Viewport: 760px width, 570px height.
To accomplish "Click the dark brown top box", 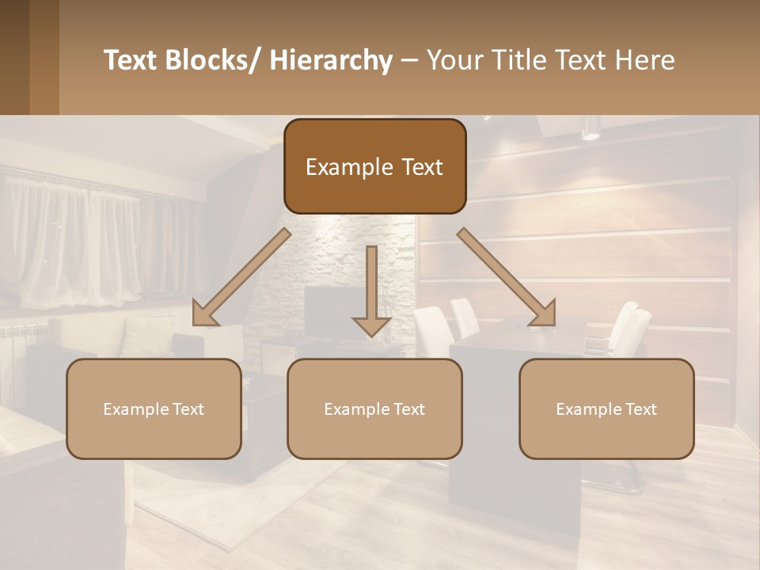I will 374,166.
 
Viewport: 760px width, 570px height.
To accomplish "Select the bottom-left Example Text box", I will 154,408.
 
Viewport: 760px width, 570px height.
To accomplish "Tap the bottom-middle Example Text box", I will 374,408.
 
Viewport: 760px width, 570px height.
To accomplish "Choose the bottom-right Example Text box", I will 606,408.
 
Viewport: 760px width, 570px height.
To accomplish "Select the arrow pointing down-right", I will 507,278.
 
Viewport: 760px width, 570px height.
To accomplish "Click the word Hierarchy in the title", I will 331,60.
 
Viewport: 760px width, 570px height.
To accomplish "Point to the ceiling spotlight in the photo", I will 591,129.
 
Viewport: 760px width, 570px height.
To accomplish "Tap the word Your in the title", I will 454,60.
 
